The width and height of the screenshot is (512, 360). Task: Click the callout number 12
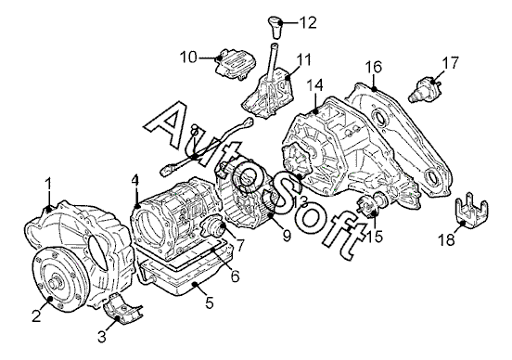coord(308,22)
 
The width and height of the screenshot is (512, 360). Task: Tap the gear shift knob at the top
coord(275,28)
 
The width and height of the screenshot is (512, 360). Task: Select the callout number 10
coord(188,58)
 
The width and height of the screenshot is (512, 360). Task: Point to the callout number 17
coord(450,63)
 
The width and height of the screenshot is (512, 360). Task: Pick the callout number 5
coord(210,302)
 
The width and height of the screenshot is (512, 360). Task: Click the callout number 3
coord(102,337)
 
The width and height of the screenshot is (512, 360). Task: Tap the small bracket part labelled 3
coord(123,309)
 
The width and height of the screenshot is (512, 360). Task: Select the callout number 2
coord(36,315)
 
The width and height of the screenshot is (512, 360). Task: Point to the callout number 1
coord(48,184)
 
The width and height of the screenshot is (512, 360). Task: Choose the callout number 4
coord(135,181)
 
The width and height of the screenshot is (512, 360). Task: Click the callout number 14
coord(314,85)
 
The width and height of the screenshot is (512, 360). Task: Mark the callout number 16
coord(373,67)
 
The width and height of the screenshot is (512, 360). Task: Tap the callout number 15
coord(374,237)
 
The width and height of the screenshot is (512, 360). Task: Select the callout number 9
coord(287,236)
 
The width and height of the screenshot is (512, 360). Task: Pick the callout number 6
coord(235,276)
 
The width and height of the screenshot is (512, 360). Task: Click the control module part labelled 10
coord(235,64)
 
